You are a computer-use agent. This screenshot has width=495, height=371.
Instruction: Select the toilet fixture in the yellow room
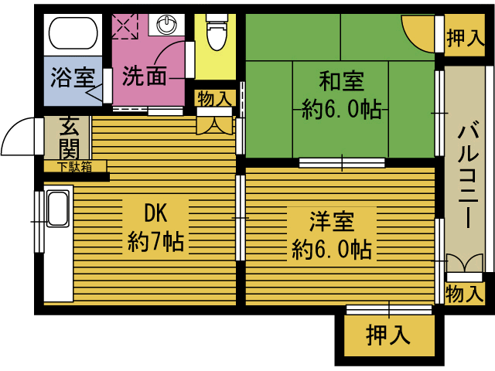tap(216, 32)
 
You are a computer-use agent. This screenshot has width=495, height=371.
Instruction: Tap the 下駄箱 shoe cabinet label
tap(74, 166)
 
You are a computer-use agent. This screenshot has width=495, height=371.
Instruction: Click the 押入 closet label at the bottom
tap(387, 335)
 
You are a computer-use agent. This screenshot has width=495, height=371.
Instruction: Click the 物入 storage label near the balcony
tap(466, 294)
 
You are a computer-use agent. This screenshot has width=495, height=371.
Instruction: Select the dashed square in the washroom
tap(124, 26)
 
